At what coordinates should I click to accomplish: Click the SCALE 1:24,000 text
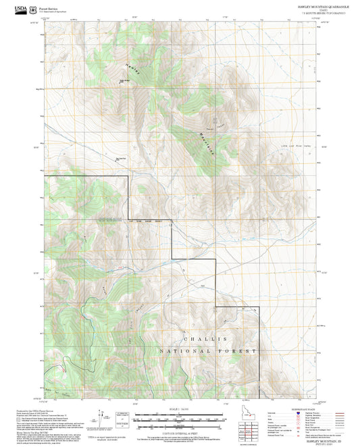[x=180, y=409]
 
